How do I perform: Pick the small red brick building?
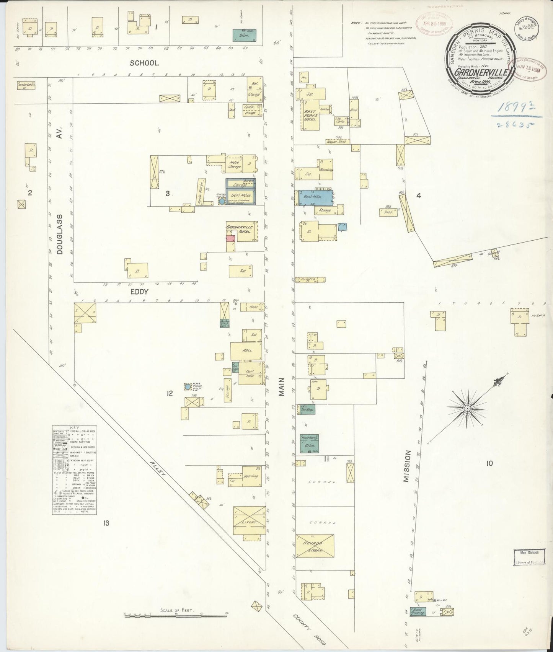[230, 238]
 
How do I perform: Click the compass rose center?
[467, 409]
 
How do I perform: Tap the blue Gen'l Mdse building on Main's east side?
[315, 197]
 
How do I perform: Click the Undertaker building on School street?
[26, 85]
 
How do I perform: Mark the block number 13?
[106, 523]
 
